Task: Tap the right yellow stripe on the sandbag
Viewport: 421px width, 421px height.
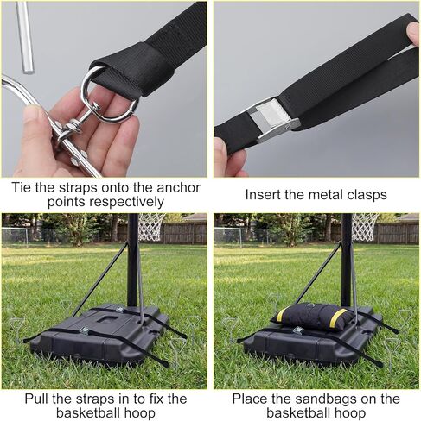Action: click(346, 318)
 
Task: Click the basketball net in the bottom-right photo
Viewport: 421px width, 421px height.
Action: click(364, 226)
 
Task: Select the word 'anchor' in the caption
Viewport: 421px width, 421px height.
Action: click(179, 185)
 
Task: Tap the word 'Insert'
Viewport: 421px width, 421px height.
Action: click(265, 193)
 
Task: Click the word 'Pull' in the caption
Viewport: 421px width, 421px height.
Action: click(30, 399)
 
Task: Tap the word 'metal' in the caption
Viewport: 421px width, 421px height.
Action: click(325, 193)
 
